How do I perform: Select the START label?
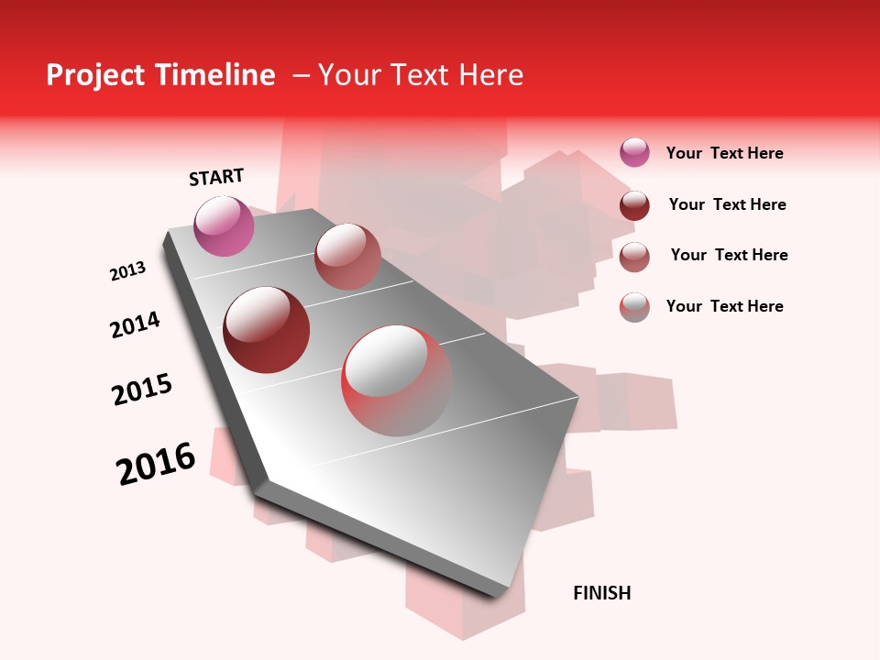(x=216, y=177)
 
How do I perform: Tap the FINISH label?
(x=601, y=593)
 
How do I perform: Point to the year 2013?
(x=127, y=271)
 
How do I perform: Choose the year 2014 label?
(x=135, y=324)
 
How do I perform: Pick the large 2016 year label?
(x=156, y=463)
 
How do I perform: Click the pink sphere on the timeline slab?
(x=224, y=225)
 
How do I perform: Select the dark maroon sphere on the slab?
(x=267, y=330)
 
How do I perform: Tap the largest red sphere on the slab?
(x=397, y=380)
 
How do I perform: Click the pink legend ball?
(x=634, y=152)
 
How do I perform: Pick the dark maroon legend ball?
(x=634, y=205)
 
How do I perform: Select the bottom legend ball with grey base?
(x=634, y=307)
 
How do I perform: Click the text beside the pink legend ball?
(x=724, y=153)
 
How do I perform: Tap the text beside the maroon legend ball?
(x=727, y=204)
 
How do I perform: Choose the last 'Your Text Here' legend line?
(x=724, y=306)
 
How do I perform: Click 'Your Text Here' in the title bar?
(x=421, y=76)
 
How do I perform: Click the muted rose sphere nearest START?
(x=347, y=257)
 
